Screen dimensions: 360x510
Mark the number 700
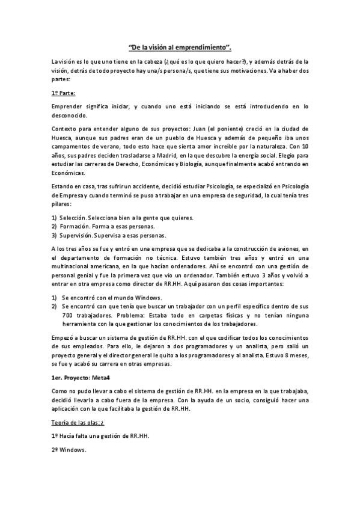click(x=68, y=315)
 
